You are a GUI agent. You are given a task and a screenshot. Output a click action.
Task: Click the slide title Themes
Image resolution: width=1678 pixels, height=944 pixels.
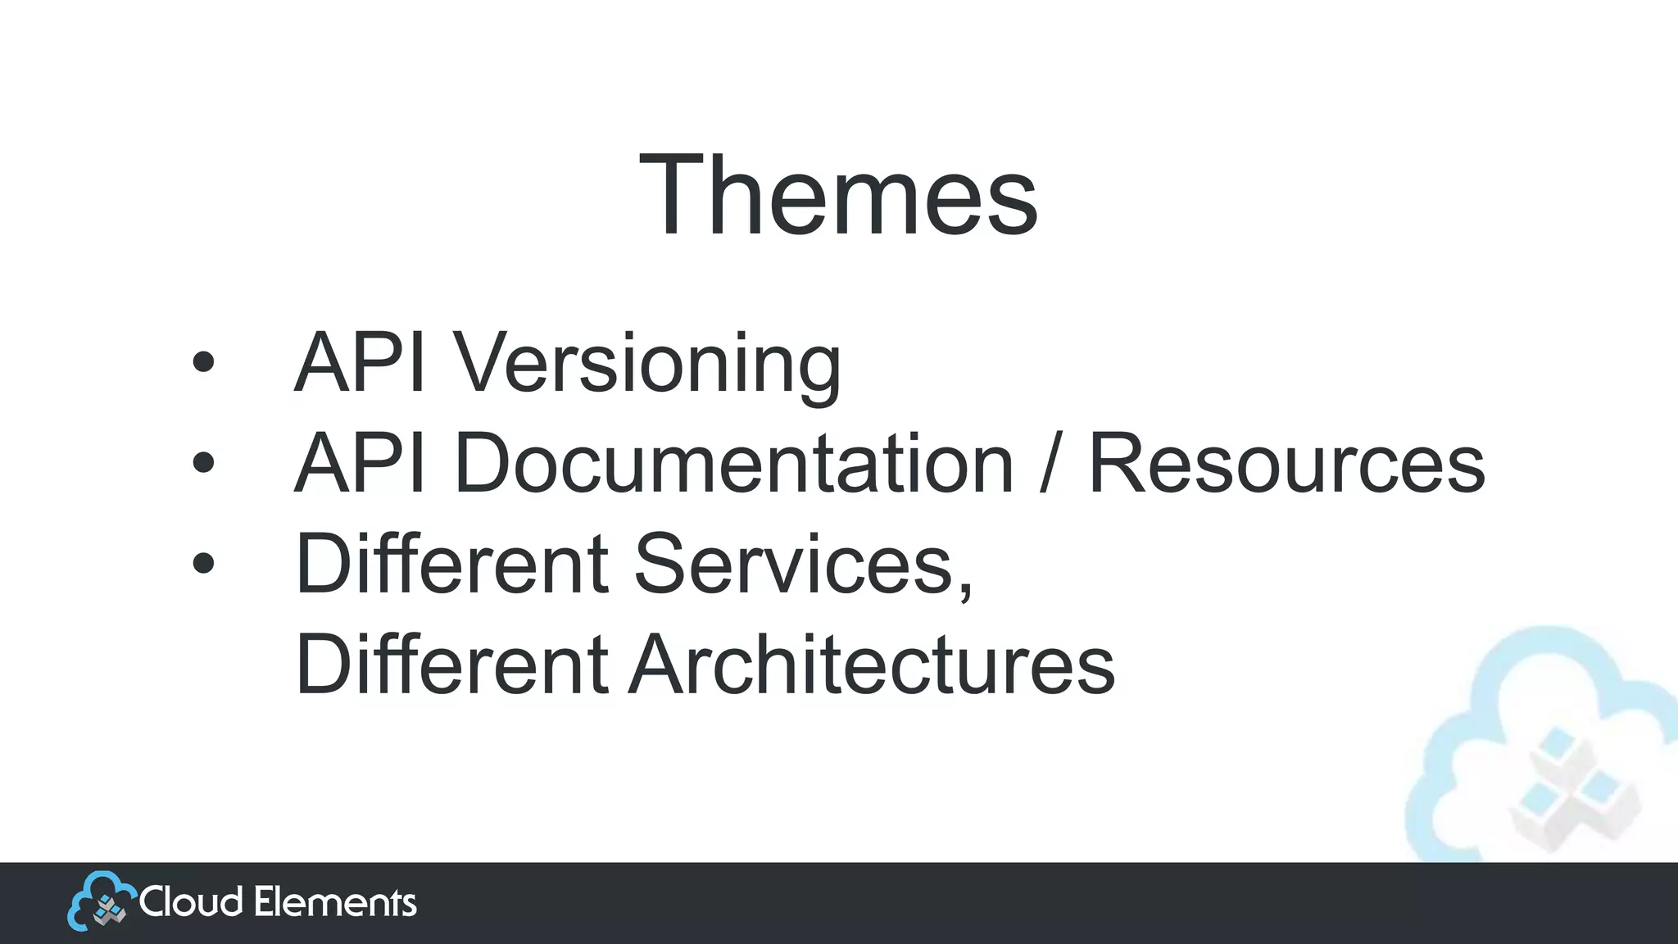[x=838, y=197]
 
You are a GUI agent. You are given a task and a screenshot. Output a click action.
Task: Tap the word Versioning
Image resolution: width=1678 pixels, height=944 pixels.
[x=647, y=364]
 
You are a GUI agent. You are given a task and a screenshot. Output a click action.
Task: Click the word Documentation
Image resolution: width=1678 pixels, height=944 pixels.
[x=733, y=464]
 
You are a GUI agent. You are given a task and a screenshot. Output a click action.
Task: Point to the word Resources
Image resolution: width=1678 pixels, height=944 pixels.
[x=1286, y=464]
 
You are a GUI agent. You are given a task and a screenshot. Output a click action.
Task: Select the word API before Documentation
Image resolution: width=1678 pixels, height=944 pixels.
[x=360, y=464]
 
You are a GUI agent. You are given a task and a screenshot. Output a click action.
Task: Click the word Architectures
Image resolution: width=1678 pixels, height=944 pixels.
[x=872, y=664]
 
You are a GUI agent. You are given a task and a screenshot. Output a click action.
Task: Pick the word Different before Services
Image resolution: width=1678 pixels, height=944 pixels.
[x=451, y=564]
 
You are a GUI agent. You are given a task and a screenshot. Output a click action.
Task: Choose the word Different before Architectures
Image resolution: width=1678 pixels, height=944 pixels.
[x=451, y=664]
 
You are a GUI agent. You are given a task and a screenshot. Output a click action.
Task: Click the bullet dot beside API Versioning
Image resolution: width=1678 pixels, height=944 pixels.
[x=203, y=363]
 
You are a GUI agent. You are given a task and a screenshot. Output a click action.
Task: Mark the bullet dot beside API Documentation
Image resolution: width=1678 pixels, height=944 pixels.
[x=203, y=463]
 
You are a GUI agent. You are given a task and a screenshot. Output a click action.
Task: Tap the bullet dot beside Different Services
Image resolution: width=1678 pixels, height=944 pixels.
[x=203, y=563]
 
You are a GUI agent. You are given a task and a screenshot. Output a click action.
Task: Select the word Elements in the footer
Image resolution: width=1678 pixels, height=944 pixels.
[x=335, y=902]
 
